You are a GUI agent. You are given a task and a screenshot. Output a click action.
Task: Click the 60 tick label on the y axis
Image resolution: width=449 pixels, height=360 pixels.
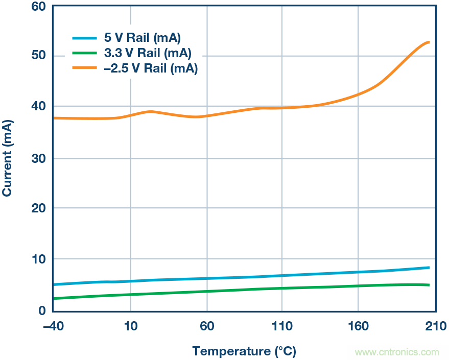coord(38,7)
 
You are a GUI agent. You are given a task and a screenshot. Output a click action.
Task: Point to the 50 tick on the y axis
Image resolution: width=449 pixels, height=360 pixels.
coord(38,56)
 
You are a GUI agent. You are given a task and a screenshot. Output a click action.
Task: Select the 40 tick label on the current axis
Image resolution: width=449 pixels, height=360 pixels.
coord(38,107)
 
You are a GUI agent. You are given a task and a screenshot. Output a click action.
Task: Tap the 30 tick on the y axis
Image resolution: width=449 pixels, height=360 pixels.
coord(38,158)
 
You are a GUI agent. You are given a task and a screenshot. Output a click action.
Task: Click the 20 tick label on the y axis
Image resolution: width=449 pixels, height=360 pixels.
coord(38,208)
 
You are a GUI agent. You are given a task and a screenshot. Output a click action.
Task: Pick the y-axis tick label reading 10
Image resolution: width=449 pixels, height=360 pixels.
coord(38,259)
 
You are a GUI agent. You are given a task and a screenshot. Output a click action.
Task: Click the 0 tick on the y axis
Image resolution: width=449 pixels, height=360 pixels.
coord(42,310)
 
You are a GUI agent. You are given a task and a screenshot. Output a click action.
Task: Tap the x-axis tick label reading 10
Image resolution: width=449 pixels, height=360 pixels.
coord(131,326)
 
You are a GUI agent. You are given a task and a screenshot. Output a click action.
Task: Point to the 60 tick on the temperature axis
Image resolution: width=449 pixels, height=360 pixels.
coord(207,326)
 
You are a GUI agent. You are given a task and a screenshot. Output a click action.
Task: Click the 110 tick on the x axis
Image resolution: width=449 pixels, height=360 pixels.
coord(281,326)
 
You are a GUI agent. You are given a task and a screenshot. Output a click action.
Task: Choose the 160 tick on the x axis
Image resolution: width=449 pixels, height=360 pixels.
coord(358,326)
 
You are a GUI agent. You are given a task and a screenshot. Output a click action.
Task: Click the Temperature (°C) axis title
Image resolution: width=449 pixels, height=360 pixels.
coord(244,351)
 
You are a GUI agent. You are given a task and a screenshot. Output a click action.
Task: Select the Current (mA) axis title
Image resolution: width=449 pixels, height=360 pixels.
coord(8,158)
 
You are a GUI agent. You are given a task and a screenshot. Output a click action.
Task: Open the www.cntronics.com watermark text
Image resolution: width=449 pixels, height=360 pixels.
coord(397,352)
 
